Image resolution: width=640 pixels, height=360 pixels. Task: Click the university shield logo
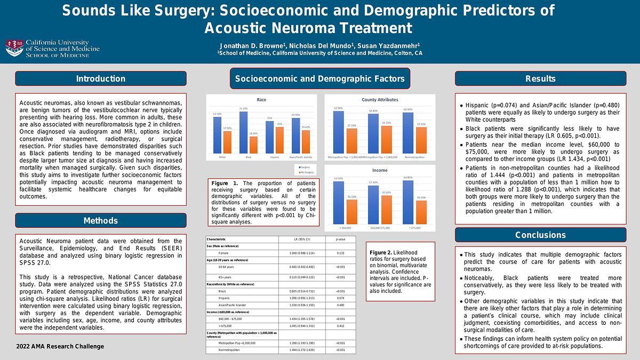(x=14, y=48)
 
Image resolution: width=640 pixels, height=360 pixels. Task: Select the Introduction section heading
(x=100, y=79)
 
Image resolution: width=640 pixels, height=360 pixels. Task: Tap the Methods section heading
(x=100, y=220)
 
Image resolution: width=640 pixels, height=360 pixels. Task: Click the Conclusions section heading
(x=540, y=235)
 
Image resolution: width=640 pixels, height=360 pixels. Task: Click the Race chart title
(x=261, y=100)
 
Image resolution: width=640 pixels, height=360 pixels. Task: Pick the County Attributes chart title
(x=380, y=100)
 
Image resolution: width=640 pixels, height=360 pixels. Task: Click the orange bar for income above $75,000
(x=421, y=212)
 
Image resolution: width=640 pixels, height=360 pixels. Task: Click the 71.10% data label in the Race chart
(x=244, y=109)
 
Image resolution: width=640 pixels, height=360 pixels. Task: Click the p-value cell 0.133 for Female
(x=340, y=253)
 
